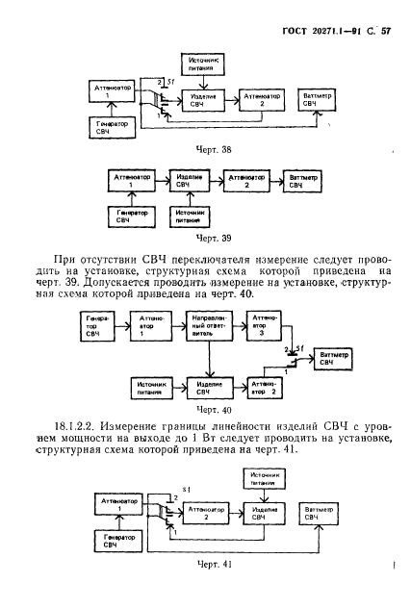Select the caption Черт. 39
pyautogui.click(x=214, y=236)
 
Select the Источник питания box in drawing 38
pyautogui.click(x=203, y=64)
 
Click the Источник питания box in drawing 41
pyautogui.click(x=258, y=478)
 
